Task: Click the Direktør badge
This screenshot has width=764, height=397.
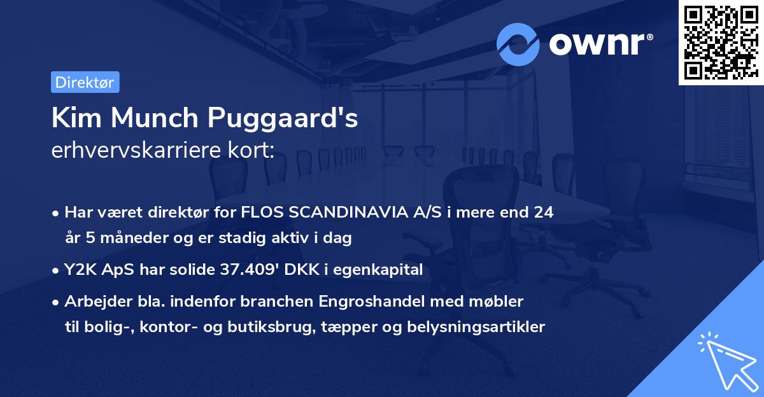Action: pos(85,82)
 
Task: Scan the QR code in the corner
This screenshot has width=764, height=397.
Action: pos(721,42)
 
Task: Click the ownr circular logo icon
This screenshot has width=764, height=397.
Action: pos(518,44)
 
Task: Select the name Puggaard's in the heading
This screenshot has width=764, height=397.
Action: pos(285,120)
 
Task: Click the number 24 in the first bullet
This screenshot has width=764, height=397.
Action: pos(544,212)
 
